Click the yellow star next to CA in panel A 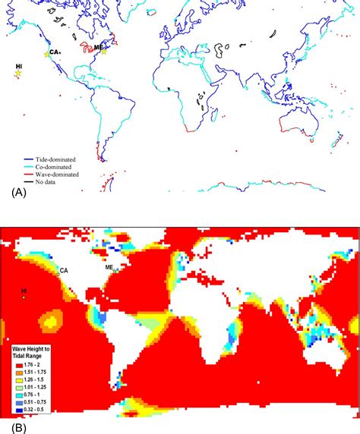click(47, 55)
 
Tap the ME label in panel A click(98, 47)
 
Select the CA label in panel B click(64, 270)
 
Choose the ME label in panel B click(109, 268)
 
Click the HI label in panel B click(24, 290)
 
